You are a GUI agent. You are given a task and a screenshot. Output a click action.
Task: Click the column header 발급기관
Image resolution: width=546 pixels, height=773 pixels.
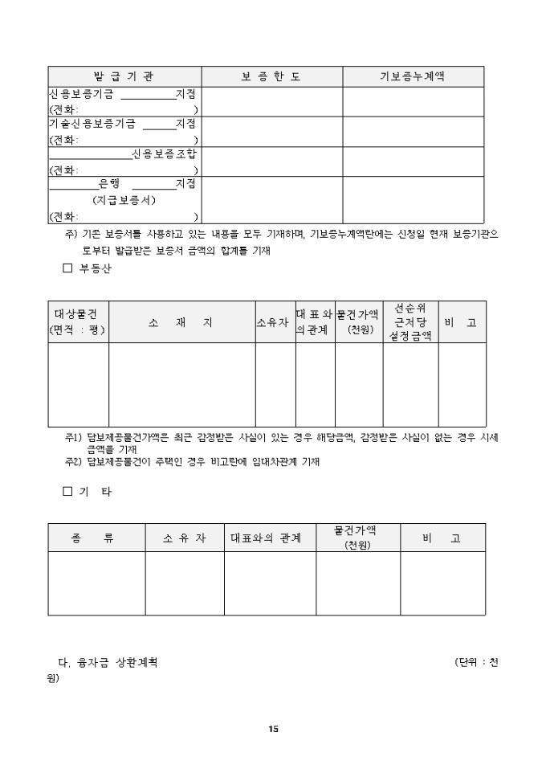[124, 76]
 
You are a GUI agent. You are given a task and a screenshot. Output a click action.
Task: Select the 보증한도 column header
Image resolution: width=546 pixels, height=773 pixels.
[271, 76]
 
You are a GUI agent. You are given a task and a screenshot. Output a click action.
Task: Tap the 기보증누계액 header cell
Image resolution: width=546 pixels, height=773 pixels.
[413, 76]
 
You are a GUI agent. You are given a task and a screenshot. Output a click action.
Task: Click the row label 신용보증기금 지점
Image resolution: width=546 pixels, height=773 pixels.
[122, 94]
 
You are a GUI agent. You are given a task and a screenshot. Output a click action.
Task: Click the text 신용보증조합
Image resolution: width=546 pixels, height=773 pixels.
[164, 153]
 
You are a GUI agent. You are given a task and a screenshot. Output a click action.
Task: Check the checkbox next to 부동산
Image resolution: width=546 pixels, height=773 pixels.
[67, 269]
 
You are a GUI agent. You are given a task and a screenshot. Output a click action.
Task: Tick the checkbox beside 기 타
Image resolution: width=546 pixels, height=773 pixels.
[67, 492]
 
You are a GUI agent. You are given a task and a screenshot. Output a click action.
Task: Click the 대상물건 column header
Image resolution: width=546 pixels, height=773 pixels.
[78, 321]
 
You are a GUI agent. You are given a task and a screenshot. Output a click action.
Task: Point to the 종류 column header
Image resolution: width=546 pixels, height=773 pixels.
[96, 538]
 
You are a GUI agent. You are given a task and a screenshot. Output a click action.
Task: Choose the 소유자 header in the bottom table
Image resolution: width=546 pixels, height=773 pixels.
[184, 538]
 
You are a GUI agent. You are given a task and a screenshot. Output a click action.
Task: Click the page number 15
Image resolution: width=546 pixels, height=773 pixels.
[273, 729]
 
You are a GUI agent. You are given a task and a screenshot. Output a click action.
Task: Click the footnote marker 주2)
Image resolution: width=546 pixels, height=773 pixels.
[74, 461]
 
